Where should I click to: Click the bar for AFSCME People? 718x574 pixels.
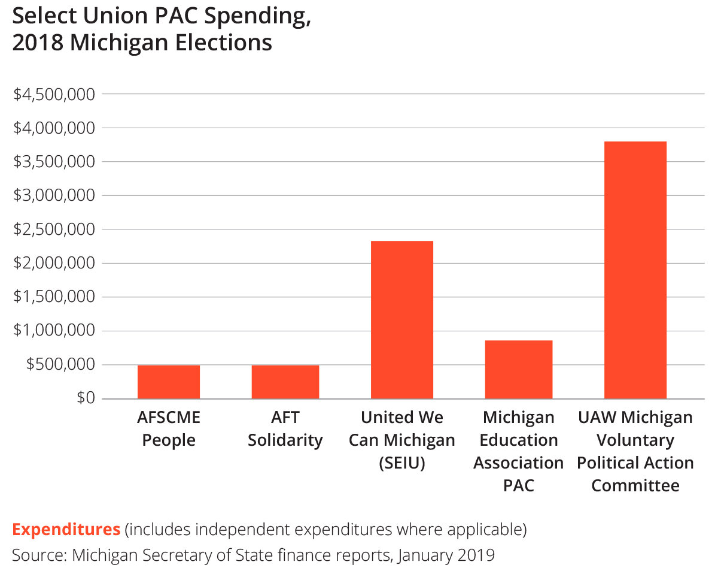pos(169,382)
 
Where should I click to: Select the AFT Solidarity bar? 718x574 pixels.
pos(285,382)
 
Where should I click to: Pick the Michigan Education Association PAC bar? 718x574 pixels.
pos(519,369)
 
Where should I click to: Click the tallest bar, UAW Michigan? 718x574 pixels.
pos(635,270)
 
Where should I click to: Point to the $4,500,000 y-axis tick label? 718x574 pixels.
pos(54,94)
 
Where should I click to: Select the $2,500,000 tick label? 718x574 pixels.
pos(54,229)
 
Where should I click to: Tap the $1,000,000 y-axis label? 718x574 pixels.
pos(54,331)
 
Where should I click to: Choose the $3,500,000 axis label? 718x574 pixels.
pos(54,162)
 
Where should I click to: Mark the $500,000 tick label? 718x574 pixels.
pos(60,364)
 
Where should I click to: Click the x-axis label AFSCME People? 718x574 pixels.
pos(169,428)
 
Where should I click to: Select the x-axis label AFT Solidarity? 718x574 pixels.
pos(285,428)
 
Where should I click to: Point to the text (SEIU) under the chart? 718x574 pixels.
pos(402,463)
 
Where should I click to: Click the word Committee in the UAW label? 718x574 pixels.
pos(635,485)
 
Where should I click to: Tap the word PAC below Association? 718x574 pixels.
pos(519,485)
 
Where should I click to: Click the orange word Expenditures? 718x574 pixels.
pos(66,530)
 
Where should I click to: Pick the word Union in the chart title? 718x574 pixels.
pos(104,17)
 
